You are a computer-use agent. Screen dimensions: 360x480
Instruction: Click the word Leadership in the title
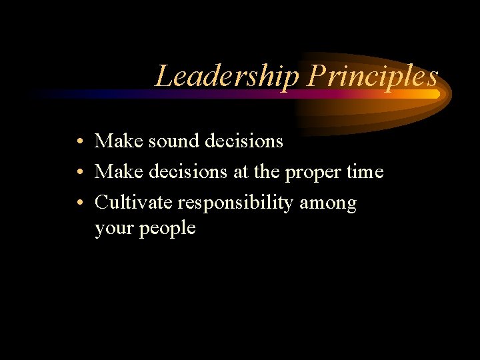coord(227,77)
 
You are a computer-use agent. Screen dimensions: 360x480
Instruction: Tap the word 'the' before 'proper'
coord(266,172)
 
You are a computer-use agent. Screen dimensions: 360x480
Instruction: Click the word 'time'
coord(365,172)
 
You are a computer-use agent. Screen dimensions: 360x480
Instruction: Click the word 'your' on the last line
coord(115,229)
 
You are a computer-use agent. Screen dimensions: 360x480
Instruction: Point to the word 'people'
coord(168,229)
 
